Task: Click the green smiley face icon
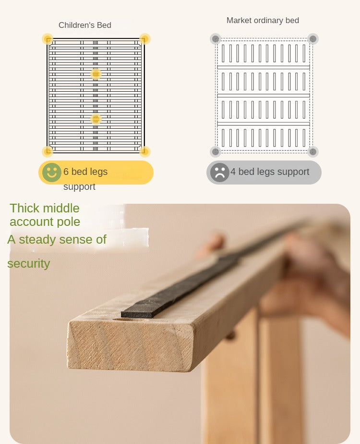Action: [x=51, y=172]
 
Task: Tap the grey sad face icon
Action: [x=219, y=172]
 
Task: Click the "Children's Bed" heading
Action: [x=85, y=25]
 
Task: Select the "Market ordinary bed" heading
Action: [x=263, y=20]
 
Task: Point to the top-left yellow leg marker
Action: [x=48, y=39]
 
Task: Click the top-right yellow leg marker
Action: [x=144, y=39]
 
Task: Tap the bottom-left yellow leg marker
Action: [x=48, y=151]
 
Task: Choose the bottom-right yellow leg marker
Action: [x=144, y=151]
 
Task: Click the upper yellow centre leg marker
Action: [x=96, y=74]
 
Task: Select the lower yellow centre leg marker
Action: [x=96, y=119]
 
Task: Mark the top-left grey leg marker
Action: [x=216, y=39]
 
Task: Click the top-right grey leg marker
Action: [x=313, y=39]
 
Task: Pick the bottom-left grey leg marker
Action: [x=216, y=151]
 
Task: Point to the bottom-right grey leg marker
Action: [x=313, y=151]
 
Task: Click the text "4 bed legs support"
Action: [x=270, y=172]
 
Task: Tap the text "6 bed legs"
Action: [x=85, y=172]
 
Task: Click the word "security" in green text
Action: [x=29, y=264]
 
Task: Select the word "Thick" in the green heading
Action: [x=24, y=208]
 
